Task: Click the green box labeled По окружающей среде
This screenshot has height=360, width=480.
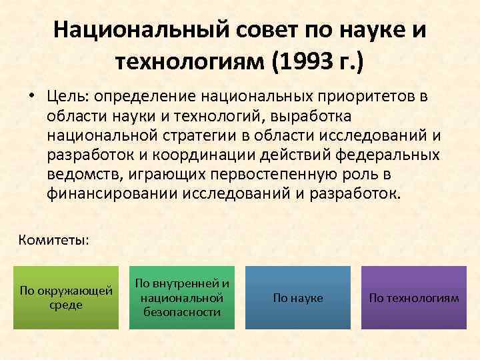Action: click(66, 297)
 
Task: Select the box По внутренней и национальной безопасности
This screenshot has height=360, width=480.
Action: click(182, 297)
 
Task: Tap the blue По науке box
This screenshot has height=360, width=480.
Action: click(298, 298)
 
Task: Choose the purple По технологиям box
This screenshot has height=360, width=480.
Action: click(414, 298)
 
